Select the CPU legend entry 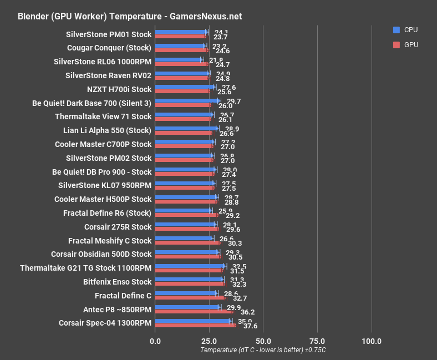[411, 29]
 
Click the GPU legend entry [411, 44]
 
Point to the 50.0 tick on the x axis [263, 341]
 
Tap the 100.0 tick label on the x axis [371, 341]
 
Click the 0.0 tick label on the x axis [155, 341]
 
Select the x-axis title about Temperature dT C [263, 350]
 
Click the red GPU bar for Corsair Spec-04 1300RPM [195, 325]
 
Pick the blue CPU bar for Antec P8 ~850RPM [187, 307]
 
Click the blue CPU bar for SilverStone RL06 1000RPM [179, 59]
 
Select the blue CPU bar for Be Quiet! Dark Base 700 [187, 100]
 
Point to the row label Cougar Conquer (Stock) [109, 48]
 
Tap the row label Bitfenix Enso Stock [117, 282]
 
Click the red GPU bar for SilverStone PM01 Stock [181, 37]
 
